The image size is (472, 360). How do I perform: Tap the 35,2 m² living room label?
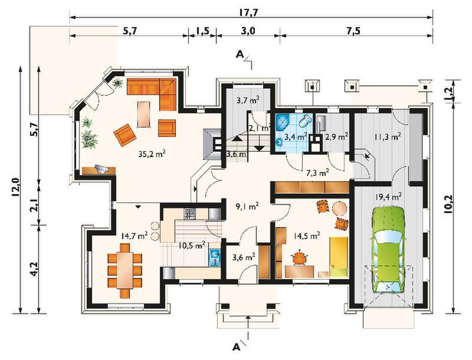pyautogui.click(x=152, y=154)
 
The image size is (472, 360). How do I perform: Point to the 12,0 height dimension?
pyautogui.click(x=16, y=187)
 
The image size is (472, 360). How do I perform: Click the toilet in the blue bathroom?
pyautogui.click(x=305, y=121)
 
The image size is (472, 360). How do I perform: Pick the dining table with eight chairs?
pyautogui.click(x=124, y=271)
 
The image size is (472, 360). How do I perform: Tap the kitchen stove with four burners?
pyautogui.click(x=190, y=214)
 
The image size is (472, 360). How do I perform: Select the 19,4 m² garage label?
pyautogui.click(x=388, y=197)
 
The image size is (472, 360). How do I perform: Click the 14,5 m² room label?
pyautogui.click(x=306, y=236)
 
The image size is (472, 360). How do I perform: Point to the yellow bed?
pyautogui.click(x=339, y=257)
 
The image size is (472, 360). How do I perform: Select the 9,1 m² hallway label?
pyautogui.click(x=248, y=206)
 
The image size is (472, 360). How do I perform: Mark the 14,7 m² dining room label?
pyautogui.click(x=134, y=235)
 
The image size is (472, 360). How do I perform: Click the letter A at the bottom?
pyautogui.click(x=237, y=347)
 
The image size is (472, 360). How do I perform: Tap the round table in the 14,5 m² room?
pyautogui.click(x=339, y=208)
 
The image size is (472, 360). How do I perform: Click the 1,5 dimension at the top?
pyautogui.click(x=203, y=31)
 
